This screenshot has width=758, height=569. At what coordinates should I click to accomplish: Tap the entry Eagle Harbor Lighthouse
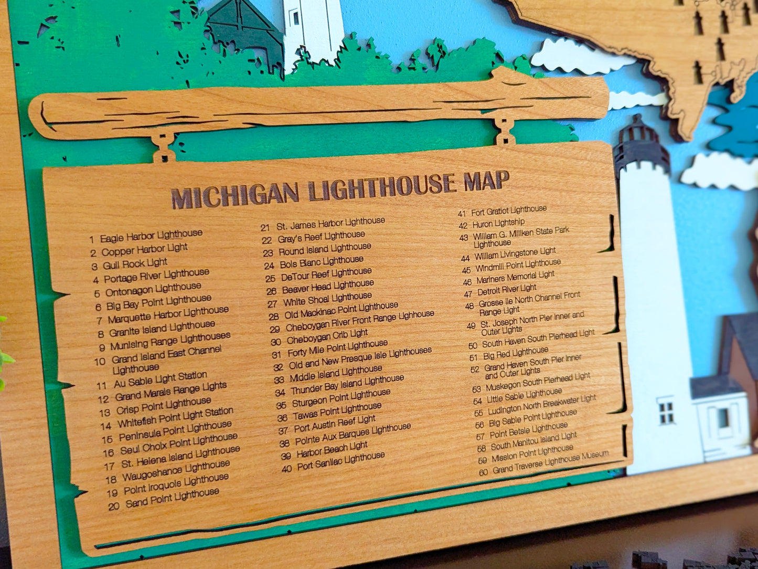[151, 236]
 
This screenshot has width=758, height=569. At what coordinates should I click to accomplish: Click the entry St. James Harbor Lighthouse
[330, 224]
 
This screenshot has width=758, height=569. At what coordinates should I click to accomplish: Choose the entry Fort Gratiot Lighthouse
[508, 210]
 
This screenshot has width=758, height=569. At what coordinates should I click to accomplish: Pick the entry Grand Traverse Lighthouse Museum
[550, 461]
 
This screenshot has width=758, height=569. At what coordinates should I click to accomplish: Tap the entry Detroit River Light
[507, 289]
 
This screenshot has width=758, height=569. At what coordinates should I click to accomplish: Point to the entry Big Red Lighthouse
[516, 353]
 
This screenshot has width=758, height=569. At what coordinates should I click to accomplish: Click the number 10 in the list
[100, 362]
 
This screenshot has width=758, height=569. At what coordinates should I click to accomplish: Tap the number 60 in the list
[483, 471]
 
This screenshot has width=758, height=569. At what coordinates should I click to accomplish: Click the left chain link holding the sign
[164, 147]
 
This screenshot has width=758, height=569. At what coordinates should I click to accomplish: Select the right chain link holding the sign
[505, 131]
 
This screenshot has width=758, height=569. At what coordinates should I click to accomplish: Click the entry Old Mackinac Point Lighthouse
[341, 311]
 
